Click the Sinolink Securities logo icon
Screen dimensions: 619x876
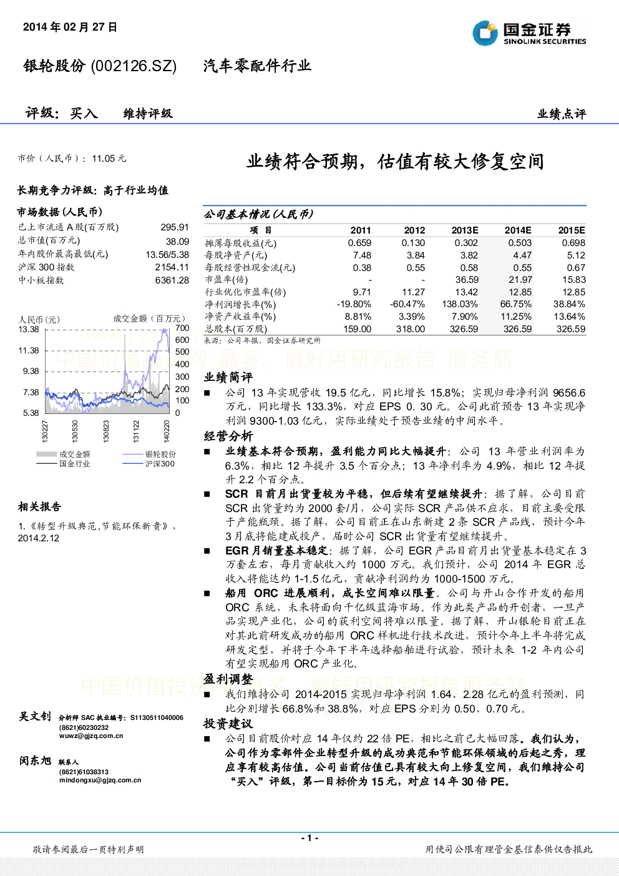click(485, 33)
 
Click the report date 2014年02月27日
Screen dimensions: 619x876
click(70, 27)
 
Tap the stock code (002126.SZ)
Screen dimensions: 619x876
click(134, 66)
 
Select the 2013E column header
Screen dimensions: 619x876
click(465, 230)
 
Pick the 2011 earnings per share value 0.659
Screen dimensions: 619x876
click(359, 243)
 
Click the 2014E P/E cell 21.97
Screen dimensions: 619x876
click(520, 280)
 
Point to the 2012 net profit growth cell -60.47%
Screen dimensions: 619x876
click(407, 304)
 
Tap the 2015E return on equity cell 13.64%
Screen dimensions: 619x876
click(569, 317)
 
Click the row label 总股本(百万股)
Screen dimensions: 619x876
click(236, 329)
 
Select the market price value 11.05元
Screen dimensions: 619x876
click(109, 159)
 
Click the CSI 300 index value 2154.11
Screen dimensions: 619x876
click(172, 267)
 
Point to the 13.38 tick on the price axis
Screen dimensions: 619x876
click(29, 329)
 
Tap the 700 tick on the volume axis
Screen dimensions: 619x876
click(182, 328)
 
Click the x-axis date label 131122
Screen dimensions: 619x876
click(136, 431)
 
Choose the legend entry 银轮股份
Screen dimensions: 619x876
click(160, 454)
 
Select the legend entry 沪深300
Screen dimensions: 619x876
click(160, 464)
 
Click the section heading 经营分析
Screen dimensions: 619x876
click(228, 436)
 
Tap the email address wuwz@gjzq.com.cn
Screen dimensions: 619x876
click(91, 736)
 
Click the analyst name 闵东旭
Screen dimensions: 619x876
click(35, 760)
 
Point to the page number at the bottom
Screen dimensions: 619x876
click(309, 838)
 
